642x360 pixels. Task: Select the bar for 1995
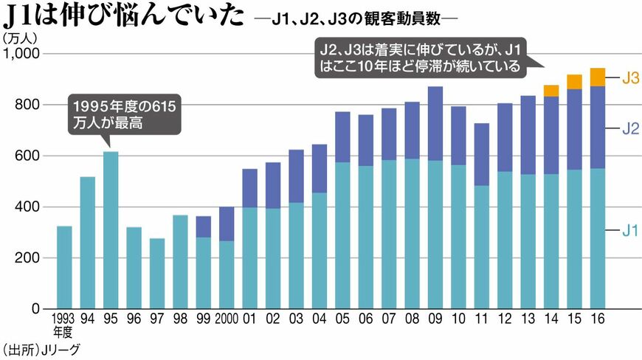(111, 229)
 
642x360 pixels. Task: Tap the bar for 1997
(157, 273)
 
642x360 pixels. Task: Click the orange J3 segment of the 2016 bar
(598, 77)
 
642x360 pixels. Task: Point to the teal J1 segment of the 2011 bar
(482, 247)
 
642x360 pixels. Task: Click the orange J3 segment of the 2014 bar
(551, 91)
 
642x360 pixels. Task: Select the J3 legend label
(629, 77)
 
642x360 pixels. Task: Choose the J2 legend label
(629, 128)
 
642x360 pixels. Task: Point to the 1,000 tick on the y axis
(24, 54)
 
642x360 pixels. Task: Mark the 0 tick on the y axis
(36, 308)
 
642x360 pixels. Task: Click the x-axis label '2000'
(227, 319)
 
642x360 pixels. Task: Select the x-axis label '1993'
(64, 319)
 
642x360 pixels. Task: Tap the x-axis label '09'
(435, 319)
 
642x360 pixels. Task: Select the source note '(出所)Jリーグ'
(41, 349)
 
